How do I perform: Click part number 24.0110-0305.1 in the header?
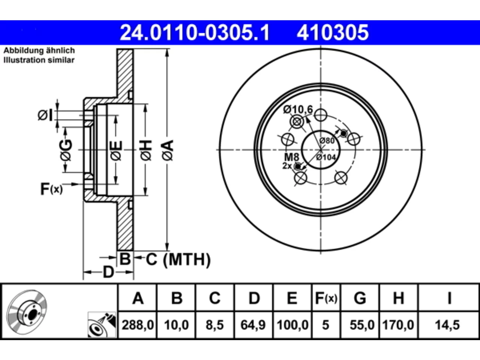pyautogui.click(x=195, y=33)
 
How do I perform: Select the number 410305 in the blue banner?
pyautogui.click(x=333, y=33)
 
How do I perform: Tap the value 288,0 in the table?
pyautogui.click(x=138, y=325)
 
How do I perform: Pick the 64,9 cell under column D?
pyautogui.click(x=253, y=325)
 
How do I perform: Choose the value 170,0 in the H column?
pyautogui.click(x=398, y=325)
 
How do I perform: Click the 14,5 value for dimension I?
pyautogui.click(x=447, y=325)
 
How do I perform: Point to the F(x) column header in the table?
pyautogui.click(x=326, y=298)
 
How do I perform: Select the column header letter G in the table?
pyautogui.click(x=360, y=298)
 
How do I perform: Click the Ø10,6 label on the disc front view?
pyautogui.click(x=298, y=109)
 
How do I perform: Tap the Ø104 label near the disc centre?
pyautogui.click(x=326, y=157)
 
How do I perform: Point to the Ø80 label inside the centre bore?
pyautogui.click(x=327, y=141)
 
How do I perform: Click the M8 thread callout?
pyautogui.click(x=291, y=157)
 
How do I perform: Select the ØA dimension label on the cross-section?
pyautogui.click(x=168, y=150)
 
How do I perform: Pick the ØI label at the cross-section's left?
pyautogui.click(x=45, y=115)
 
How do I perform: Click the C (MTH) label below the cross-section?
pyautogui.click(x=178, y=259)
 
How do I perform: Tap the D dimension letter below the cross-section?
pyautogui.click(x=108, y=272)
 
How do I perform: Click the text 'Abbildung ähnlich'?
pyautogui.click(x=39, y=51)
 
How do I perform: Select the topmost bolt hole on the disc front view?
pyautogui.click(x=321, y=115)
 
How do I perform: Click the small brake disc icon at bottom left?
pyautogui.click(x=27, y=312)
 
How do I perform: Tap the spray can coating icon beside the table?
pyautogui.click(x=102, y=325)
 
